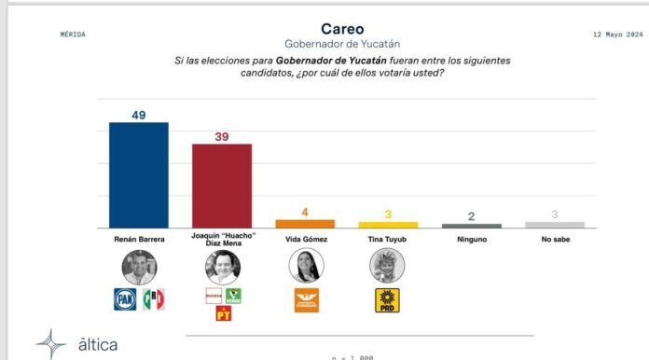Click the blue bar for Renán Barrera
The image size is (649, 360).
139,175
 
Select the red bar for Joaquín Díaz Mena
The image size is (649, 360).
222,186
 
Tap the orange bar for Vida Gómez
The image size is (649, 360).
305,224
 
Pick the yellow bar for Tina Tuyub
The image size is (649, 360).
388,225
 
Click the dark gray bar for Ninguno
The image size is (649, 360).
471,226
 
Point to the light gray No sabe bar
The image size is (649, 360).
555,225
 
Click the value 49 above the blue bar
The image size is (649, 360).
139,115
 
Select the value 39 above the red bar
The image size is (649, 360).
222,136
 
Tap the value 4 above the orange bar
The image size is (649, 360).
305,213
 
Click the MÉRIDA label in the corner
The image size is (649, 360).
73,35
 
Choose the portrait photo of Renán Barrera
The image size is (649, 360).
139,268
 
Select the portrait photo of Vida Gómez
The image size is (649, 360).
305,268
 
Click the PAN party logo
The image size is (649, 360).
126,299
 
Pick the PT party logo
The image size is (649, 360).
222,314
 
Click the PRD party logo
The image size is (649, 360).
388,299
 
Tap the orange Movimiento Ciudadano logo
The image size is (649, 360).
305,299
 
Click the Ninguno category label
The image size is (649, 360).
471,239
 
